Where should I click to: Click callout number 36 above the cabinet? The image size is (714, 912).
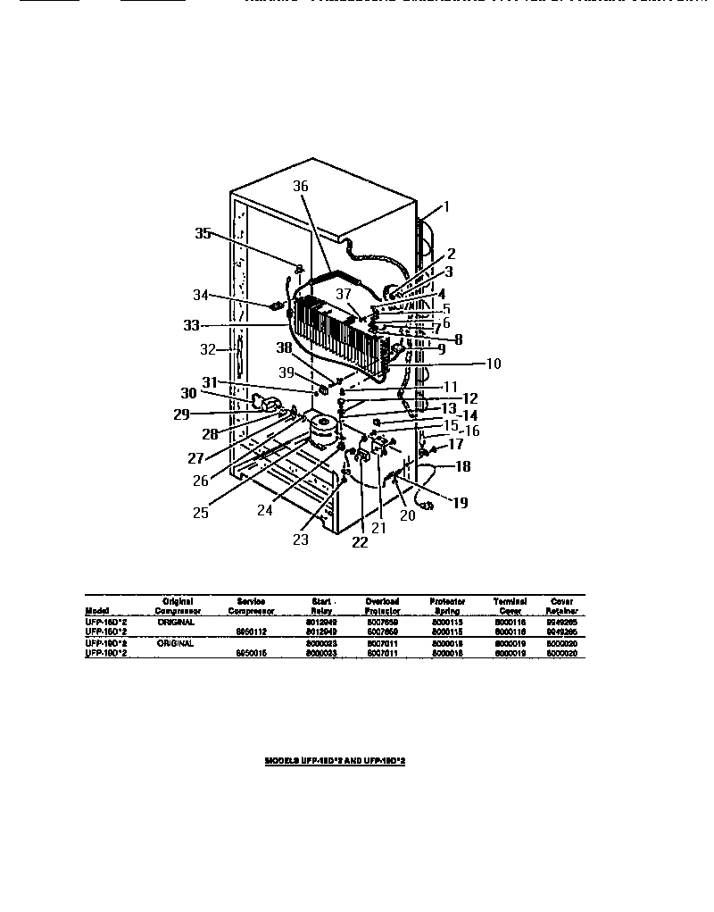(x=300, y=187)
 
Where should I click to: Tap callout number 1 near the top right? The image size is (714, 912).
(x=447, y=206)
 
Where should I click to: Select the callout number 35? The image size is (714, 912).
(x=203, y=234)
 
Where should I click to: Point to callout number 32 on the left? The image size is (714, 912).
(x=207, y=350)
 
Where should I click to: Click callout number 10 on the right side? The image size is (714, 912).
(x=493, y=364)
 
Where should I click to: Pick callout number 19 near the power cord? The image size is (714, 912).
(x=460, y=503)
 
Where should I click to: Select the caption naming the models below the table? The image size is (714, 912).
(x=341, y=761)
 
